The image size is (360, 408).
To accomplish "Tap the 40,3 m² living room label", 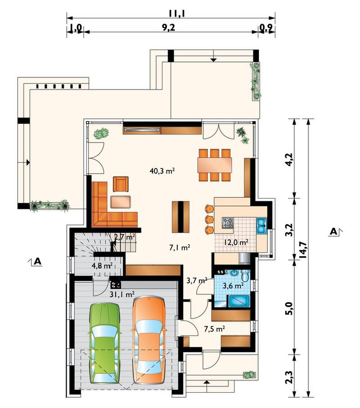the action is click(x=162, y=171).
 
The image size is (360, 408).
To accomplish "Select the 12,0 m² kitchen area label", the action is click(x=236, y=242).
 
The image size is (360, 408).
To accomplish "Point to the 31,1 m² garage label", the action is click(x=122, y=294).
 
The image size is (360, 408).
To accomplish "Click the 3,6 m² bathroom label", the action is click(x=233, y=286).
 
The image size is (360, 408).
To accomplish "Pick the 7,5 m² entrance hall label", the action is click(x=214, y=329).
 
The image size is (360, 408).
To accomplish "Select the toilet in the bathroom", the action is click(x=245, y=275).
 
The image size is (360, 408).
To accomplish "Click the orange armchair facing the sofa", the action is click(x=121, y=184).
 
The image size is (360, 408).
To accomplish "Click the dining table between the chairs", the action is click(x=215, y=165).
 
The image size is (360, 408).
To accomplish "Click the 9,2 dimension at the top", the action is click(x=169, y=27).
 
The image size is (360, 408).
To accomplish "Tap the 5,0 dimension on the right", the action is click(x=289, y=308).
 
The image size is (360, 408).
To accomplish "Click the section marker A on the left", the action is click(x=38, y=261).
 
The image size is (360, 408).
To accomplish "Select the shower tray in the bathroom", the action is click(x=238, y=301).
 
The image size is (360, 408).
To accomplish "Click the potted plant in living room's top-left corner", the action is click(x=101, y=133).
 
